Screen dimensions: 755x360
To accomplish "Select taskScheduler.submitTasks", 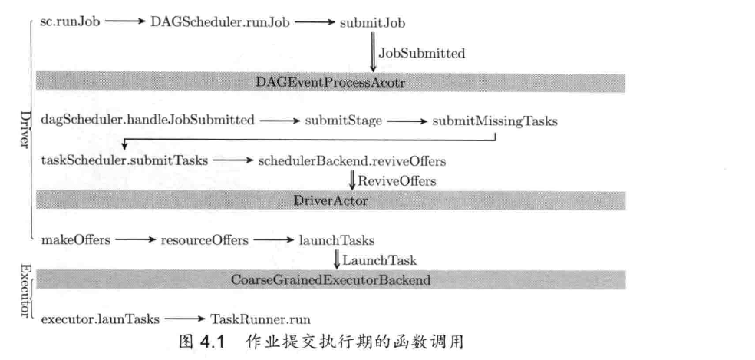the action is pyautogui.click(x=126, y=161).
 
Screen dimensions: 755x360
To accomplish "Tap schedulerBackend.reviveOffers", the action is pyautogui.click(x=352, y=161).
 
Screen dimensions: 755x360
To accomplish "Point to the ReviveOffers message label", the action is pyautogui.click(x=397, y=181).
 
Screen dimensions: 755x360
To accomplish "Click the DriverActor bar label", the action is pyautogui.click(x=331, y=200).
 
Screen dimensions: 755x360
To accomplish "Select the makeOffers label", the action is pyautogui.click(x=74, y=240).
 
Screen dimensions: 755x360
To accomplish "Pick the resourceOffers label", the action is pyautogui.click(x=204, y=240).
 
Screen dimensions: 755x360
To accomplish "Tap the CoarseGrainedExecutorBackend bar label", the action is pyautogui.click(x=331, y=280).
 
